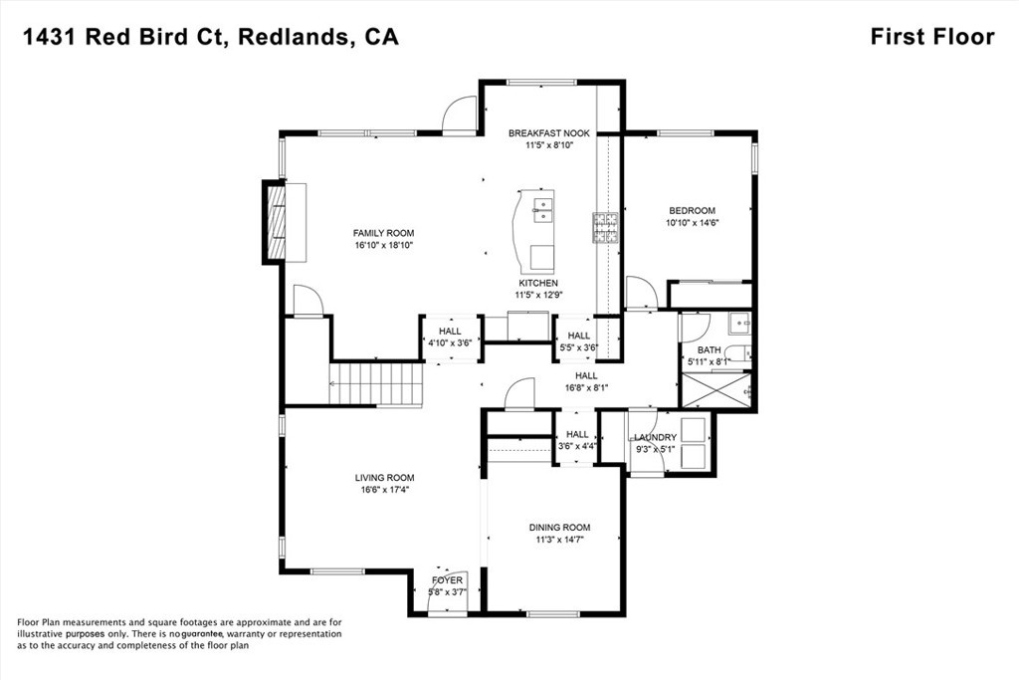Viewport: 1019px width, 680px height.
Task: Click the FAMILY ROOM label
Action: click(x=354, y=233)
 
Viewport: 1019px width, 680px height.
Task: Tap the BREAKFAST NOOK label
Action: click(x=548, y=132)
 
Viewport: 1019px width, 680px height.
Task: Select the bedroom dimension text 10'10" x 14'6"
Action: click(x=692, y=223)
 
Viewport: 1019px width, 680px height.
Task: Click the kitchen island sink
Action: click(x=543, y=210)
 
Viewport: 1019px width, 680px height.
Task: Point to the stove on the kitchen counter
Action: click(x=605, y=228)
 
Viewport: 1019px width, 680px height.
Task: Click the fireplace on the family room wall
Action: click(x=274, y=222)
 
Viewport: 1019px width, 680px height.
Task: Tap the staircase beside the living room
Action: click(x=376, y=384)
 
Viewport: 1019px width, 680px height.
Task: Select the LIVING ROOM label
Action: click(x=384, y=478)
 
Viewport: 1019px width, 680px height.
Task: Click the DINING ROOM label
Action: click(x=558, y=528)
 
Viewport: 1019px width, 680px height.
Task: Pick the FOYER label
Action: click(x=447, y=580)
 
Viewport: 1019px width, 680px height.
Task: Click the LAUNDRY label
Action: click(x=656, y=437)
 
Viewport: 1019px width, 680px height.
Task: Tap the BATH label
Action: click(x=709, y=349)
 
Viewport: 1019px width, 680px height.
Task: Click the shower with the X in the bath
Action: click(x=715, y=390)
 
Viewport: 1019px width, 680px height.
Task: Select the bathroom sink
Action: click(x=737, y=324)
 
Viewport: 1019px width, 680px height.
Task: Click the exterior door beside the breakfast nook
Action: click(x=461, y=115)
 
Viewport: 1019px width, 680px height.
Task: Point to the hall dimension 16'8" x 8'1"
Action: click(x=585, y=388)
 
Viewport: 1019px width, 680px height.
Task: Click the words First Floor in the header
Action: click(x=931, y=37)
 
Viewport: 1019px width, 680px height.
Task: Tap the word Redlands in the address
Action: click(x=296, y=37)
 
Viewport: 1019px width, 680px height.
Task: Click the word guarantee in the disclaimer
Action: click(x=202, y=633)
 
